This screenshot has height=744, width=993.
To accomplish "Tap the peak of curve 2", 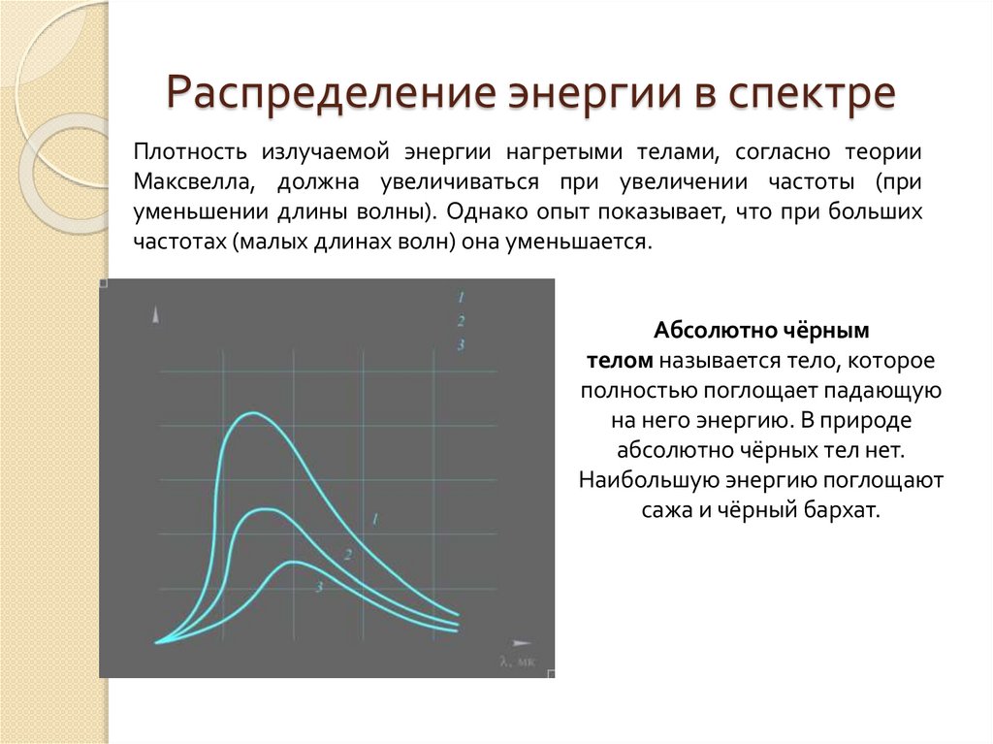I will tap(258, 509).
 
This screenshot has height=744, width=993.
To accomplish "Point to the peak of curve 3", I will tap(289, 563).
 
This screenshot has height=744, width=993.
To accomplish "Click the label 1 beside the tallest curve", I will tap(374, 521).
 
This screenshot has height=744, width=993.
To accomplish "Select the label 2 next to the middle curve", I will tap(346, 554).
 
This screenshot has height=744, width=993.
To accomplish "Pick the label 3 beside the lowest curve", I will tap(318, 586).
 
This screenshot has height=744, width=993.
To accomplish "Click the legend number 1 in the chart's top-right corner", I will tap(462, 296).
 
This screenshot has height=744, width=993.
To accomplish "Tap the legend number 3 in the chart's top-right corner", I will tap(462, 344).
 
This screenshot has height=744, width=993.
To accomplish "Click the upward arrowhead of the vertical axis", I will tap(155, 315).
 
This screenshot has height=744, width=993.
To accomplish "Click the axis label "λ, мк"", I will tap(517, 663).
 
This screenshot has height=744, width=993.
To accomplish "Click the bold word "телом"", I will tap(620, 361).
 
